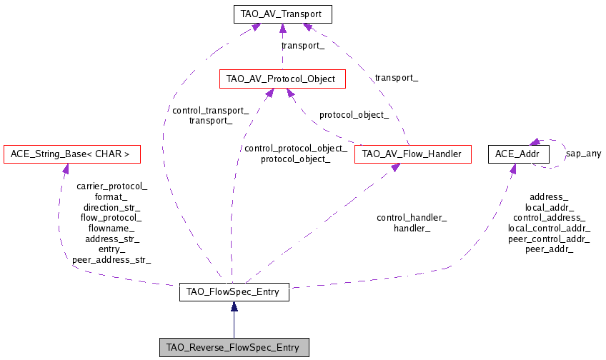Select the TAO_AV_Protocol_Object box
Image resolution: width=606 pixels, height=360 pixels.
[283, 79]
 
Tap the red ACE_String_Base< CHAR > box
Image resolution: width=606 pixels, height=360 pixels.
[71, 154]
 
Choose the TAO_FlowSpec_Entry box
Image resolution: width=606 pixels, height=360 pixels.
[234, 292]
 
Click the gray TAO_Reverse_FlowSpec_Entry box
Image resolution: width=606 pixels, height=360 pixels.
[234, 347]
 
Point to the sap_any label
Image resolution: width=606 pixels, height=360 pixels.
[583, 154]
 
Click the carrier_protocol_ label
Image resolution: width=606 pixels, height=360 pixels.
[111, 187]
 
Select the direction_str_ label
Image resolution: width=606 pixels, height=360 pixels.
[111, 207]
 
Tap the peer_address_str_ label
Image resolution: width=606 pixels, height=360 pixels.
[111, 260]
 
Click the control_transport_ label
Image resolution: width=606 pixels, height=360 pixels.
[210, 111]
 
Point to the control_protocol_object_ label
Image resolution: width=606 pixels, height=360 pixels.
[295, 149]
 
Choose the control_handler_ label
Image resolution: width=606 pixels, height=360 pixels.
[412, 218]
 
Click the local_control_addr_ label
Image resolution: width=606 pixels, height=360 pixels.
[549, 228]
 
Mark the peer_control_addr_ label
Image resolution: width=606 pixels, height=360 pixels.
[549, 239]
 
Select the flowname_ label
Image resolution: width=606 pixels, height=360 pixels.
[111, 229]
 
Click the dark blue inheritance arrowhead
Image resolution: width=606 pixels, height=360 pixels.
[234, 306]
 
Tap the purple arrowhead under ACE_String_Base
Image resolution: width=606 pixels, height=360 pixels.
[65, 169]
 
